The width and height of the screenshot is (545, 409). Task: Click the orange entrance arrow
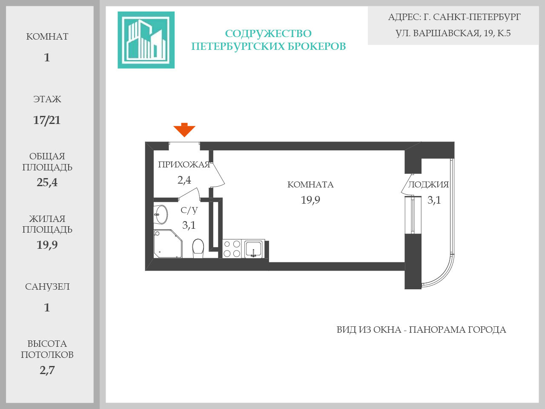pyautogui.click(x=184, y=130)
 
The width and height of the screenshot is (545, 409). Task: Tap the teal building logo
pyautogui.click(x=146, y=40)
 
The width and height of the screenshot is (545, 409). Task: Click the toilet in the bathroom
pyautogui.click(x=198, y=248)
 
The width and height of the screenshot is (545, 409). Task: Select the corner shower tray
pyautogui.click(x=167, y=244)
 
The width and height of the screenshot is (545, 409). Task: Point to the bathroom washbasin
pyautogui.click(x=161, y=214)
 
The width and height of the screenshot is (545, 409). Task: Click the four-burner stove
pyautogui.click(x=232, y=249)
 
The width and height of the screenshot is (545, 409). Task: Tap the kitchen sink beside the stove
pyautogui.click(x=253, y=249)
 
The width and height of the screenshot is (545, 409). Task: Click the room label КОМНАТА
pyautogui.click(x=310, y=184)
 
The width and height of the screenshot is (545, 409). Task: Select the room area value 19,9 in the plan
pyautogui.click(x=310, y=200)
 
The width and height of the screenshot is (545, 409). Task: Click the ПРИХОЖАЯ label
pyautogui.click(x=184, y=165)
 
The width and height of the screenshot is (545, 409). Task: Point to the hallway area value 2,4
pyautogui.click(x=184, y=180)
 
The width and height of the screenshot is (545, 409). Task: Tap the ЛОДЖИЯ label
pyautogui.click(x=428, y=184)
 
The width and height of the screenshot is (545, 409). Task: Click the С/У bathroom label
pyautogui.click(x=189, y=210)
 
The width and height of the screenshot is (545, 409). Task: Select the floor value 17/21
pyautogui.click(x=47, y=120)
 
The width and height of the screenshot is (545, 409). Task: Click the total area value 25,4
pyautogui.click(x=47, y=182)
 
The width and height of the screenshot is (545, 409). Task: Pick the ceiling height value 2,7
pyautogui.click(x=47, y=370)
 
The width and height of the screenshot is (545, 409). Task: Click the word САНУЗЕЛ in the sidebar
pyautogui.click(x=47, y=287)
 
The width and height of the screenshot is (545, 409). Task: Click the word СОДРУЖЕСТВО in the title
pyautogui.click(x=268, y=34)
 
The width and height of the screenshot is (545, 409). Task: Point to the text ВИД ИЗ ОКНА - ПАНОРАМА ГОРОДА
pyautogui.click(x=421, y=330)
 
